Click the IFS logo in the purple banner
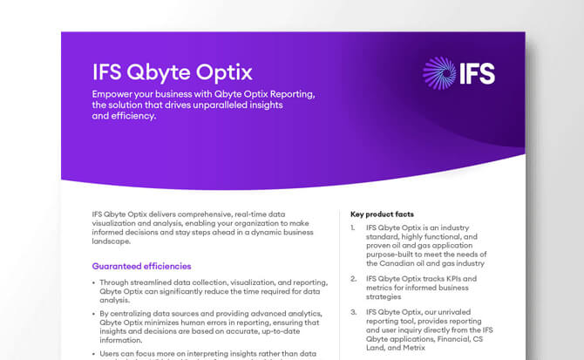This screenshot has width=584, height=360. point(458,73)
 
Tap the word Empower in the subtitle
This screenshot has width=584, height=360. point(118,94)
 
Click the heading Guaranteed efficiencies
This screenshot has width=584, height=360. point(141,266)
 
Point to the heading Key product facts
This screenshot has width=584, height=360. point(382,214)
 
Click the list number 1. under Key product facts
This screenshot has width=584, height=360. point(354,228)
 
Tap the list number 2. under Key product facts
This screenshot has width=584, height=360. point(354,278)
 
